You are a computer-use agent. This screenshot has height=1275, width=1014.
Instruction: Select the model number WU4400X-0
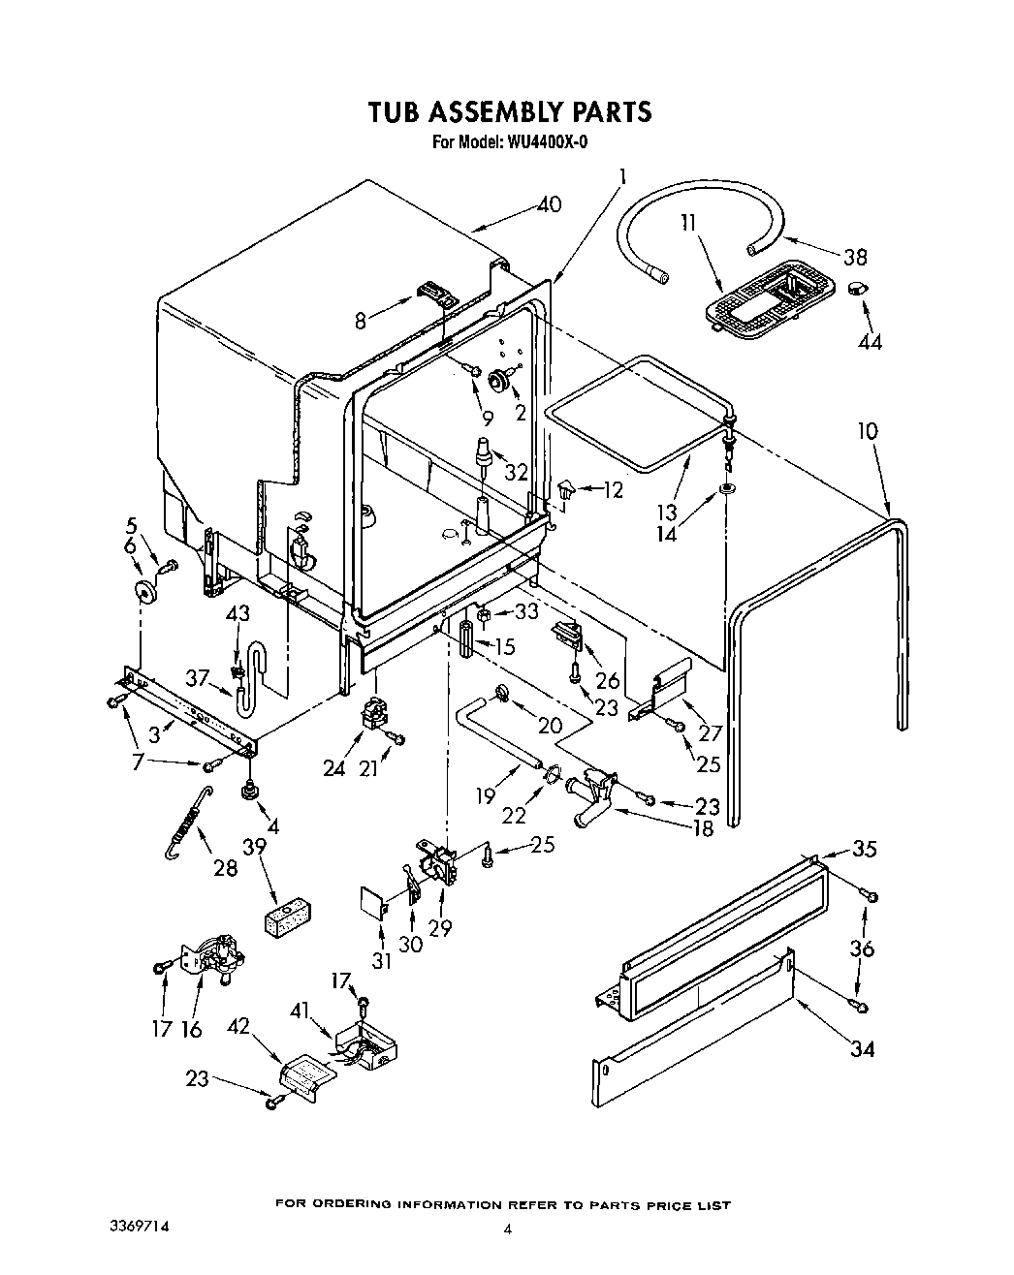coord(547,141)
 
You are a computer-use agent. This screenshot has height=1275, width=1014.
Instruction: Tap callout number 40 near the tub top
coord(549,205)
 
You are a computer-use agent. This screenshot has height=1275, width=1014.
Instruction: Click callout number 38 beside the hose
coord(854,257)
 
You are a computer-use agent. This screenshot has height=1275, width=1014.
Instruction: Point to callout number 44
coord(870,341)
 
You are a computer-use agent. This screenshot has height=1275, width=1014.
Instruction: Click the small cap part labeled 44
coord(857,289)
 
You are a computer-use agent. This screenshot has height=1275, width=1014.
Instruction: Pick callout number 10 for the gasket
coord(868,429)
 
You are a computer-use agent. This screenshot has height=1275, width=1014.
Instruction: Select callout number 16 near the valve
coord(191,1028)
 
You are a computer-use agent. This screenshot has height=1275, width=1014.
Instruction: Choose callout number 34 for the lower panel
coord(860,1047)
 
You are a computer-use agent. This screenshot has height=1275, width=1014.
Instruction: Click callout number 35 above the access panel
coord(865,849)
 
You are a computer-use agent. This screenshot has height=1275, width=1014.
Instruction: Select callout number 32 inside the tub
coord(517,473)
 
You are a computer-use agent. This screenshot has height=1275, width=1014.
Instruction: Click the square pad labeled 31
coord(372,899)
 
